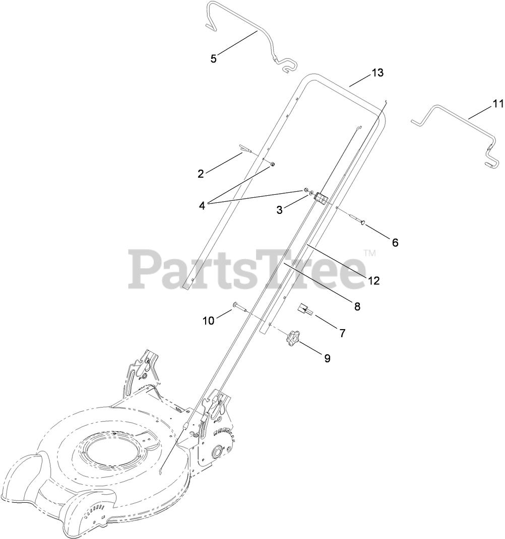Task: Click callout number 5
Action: click(x=214, y=59)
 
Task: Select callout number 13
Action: click(x=377, y=73)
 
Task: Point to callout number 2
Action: click(x=201, y=174)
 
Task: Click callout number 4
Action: click(x=202, y=205)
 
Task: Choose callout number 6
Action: click(x=395, y=243)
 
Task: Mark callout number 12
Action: click(x=373, y=281)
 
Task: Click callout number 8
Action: click(x=357, y=306)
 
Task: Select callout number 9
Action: click(x=327, y=359)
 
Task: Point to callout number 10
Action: click(x=209, y=320)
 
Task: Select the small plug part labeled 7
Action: click(x=305, y=310)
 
